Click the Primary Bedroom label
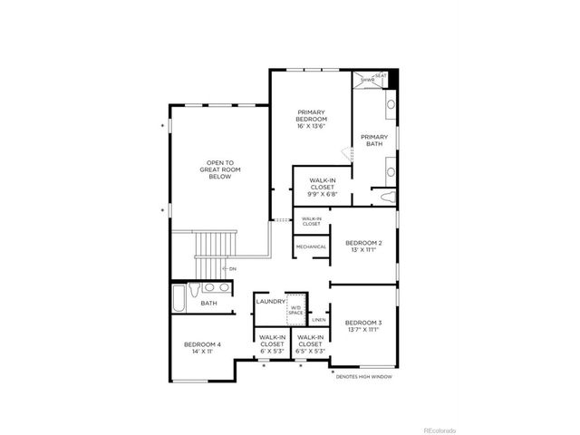(311, 120)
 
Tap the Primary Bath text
(374, 140)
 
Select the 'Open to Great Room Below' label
(217, 169)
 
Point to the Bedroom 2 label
(363, 246)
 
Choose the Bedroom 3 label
(362, 326)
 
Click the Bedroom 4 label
(202, 347)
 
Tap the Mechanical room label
(310, 246)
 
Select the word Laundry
(270, 301)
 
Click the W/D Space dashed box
(296, 310)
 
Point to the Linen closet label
(318, 319)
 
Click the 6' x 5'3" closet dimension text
(272, 352)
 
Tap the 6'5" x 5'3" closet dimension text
(310, 352)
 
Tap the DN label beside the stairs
(232, 268)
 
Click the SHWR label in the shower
(367, 81)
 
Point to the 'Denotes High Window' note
(364, 376)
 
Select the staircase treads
(216, 245)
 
